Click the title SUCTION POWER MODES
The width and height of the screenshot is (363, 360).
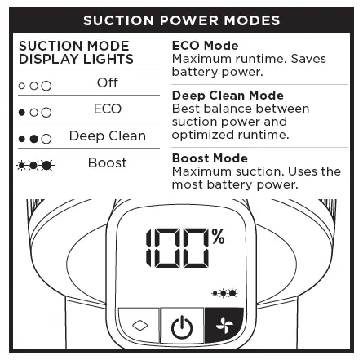181,19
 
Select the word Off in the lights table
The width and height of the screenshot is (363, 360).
107,83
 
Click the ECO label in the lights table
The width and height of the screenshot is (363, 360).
107,109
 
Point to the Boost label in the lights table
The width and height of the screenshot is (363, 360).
107,163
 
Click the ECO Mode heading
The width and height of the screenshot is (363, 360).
204,46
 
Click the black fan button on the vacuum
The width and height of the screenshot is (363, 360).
217,328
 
